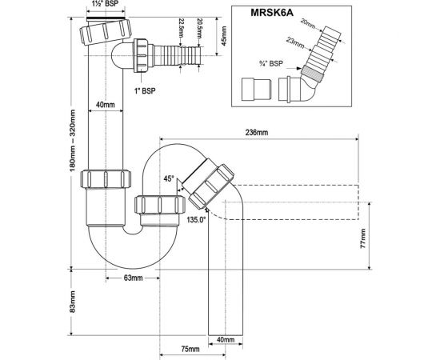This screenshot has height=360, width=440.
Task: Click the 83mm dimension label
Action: (72, 306)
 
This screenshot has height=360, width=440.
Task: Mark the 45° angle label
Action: (169, 180)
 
